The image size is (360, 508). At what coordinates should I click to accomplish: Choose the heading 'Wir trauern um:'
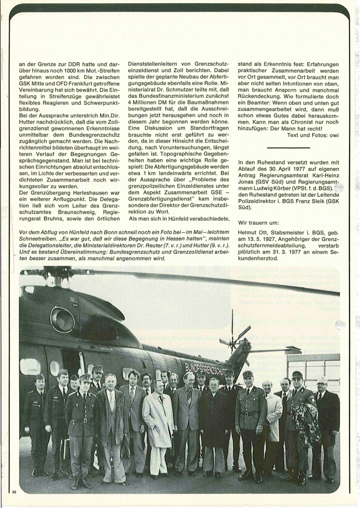click(261, 222)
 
